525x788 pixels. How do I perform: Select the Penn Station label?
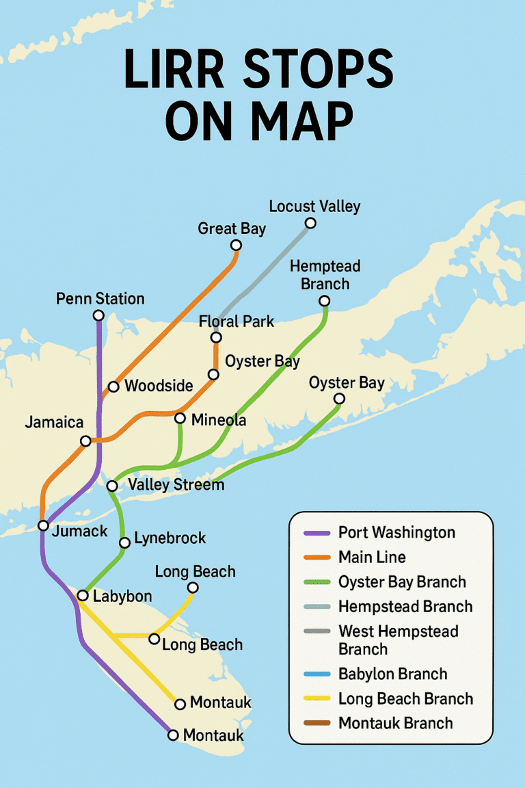tap(100, 299)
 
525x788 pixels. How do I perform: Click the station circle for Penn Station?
tap(98, 315)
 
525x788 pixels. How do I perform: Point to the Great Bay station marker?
tap(236, 245)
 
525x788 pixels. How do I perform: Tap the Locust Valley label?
tap(314, 206)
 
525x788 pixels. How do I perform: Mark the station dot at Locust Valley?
tap(310, 223)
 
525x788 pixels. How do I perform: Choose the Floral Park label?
tap(236, 321)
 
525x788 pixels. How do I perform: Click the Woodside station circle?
tap(113, 386)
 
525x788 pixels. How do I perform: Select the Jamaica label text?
tap(54, 422)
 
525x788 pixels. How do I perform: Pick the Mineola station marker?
tap(180, 418)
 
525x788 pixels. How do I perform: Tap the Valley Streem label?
tap(176, 485)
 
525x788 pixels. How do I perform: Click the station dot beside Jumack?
tap(43, 525)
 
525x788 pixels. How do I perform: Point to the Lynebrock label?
tap(170, 538)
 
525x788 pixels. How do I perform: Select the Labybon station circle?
tap(83, 595)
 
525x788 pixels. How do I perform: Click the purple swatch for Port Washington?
tap(314, 532)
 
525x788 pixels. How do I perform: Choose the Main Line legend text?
tap(372, 557)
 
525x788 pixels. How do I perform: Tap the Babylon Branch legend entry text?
tap(392, 674)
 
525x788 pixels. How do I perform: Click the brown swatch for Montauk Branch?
tap(314, 723)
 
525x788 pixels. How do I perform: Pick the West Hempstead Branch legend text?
tap(398, 640)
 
